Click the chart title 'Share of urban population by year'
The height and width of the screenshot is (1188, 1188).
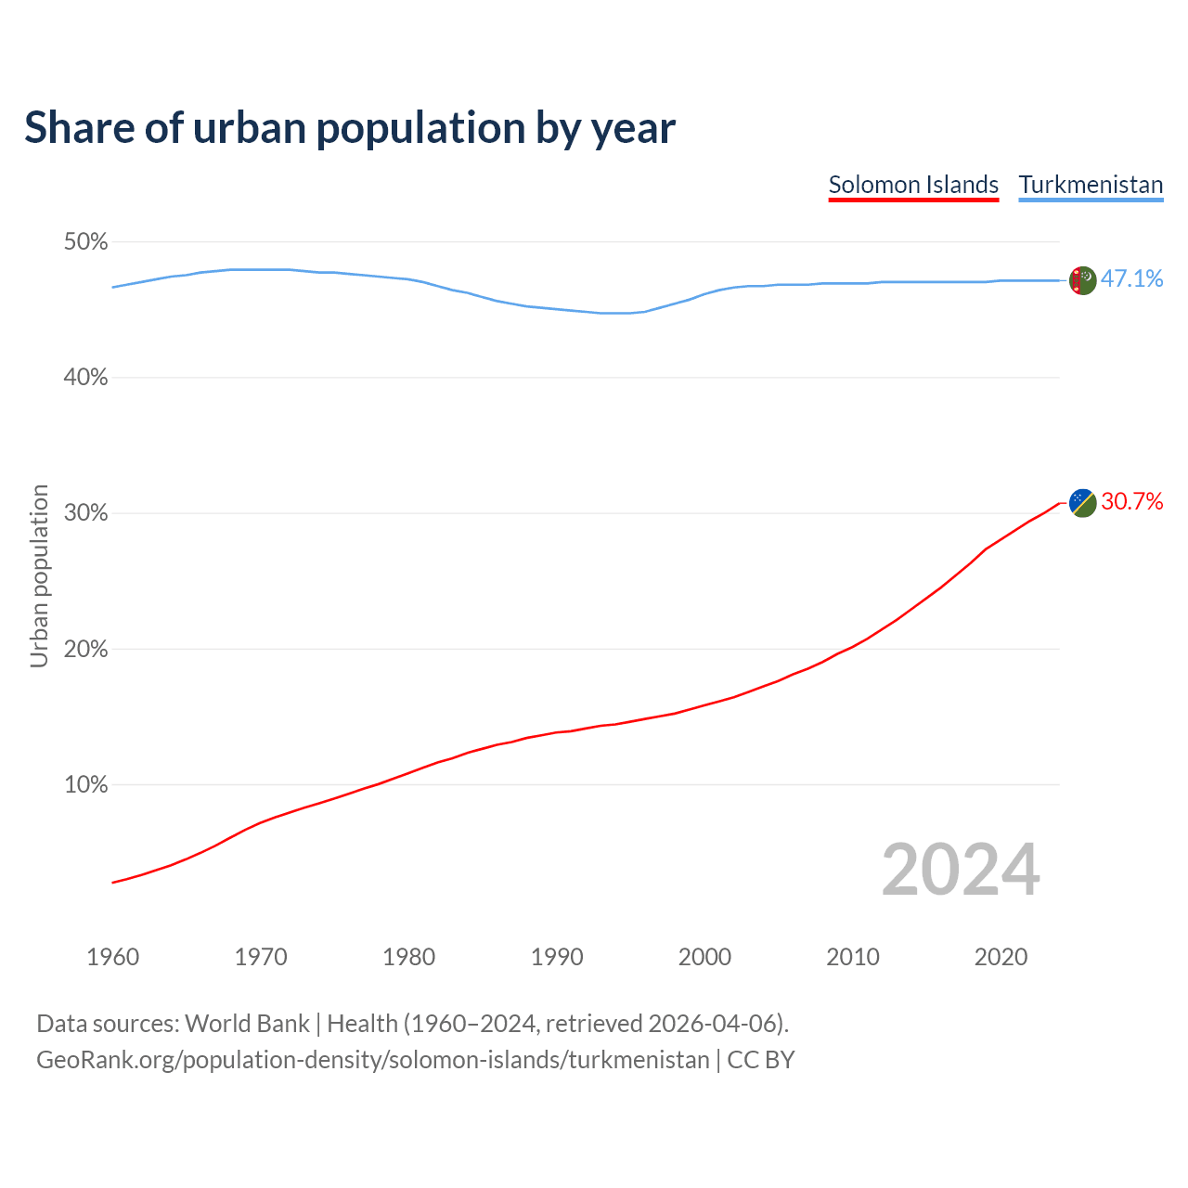pos(350,128)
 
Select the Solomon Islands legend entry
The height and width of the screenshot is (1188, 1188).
pos(913,185)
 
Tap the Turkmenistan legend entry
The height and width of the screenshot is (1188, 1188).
pos(1091,185)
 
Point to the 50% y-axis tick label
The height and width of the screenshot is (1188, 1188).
pos(85,242)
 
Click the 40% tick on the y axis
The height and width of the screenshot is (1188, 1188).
pos(85,378)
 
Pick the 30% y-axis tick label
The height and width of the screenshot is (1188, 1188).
pos(85,513)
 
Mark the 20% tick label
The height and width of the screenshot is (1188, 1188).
pos(85,650)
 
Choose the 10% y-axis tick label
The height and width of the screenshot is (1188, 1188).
pos(85,785)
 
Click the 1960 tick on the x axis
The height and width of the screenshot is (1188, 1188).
pos(112,957)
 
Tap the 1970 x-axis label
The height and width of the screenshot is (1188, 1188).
pos(261,957)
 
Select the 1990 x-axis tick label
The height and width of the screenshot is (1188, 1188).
pos(557,957)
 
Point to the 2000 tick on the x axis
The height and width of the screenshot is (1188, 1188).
pos(704,957)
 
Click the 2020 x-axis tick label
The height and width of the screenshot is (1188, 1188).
pos(1001,957)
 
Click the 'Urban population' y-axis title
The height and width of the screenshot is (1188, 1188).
pos(39,575)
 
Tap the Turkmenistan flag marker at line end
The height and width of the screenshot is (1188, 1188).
pos(1082,279)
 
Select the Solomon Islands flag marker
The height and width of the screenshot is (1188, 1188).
pos(1082,502)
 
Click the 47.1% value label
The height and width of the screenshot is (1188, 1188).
pos(1131,278)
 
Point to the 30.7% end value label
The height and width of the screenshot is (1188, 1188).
pos(1131,501)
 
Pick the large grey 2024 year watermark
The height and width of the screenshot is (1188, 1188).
pos(961,870)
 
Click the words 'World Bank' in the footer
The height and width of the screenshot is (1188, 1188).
pos(247,1023)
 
